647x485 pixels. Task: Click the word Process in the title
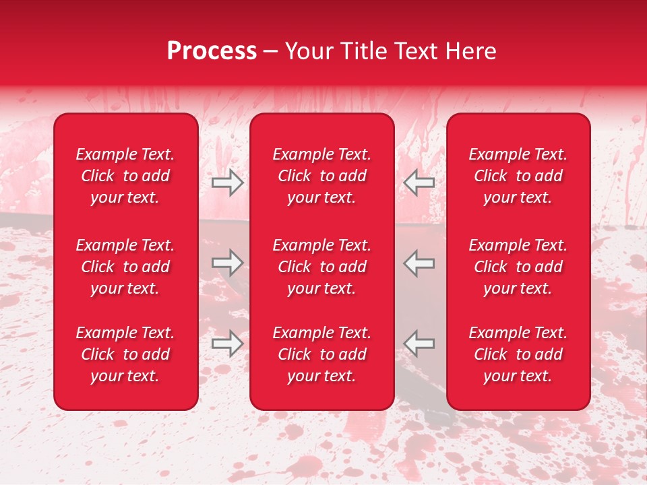coord(212,51)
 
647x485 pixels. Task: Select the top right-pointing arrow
coord(227,182)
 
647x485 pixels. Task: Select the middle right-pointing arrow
coord(227,262)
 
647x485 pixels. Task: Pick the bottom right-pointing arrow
coord(227,343)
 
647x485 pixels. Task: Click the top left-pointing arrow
coord(419,182)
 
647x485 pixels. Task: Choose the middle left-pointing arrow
coord(419,262)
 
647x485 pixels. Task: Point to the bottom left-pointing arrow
coord(419,343)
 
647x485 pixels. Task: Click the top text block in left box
coord(125,176)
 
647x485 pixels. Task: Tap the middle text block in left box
coord(125,267)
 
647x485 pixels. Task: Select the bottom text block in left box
coord(125,354)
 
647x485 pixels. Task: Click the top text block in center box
coord(321,176)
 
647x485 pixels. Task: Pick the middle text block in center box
coord(321,267)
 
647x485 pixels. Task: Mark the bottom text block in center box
coord(321,354)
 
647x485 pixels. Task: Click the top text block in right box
coord(518,176)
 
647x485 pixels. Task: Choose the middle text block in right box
coord(518,267)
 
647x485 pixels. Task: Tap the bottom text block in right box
coord(518,354)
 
